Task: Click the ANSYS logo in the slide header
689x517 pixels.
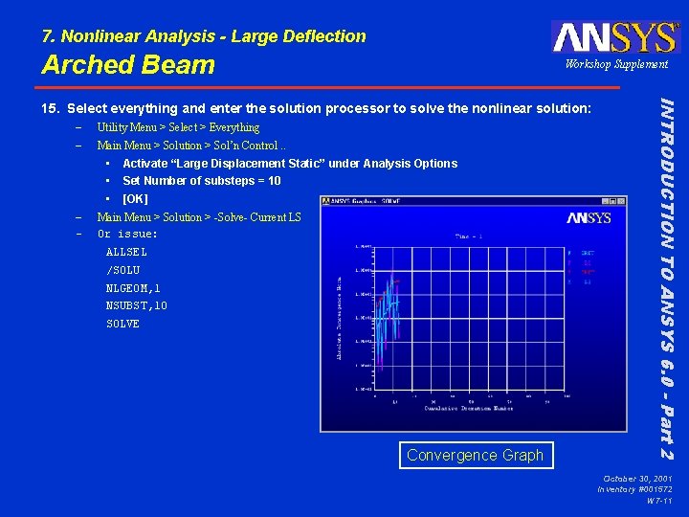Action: (614, 36)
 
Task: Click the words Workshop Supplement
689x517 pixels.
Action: (616, 64)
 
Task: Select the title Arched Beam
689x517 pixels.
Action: (128, 65)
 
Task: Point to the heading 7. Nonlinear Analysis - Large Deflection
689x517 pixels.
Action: (204, 36)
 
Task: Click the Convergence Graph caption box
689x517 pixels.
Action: (475, 456)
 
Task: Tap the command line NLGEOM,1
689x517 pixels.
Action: (133, 288)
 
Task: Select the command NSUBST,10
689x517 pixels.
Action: (136, 306)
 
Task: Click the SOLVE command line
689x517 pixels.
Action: (122, 324)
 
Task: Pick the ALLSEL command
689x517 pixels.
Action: (126, 252)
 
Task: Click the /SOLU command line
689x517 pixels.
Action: (122, 270)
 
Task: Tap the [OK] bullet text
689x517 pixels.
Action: (135, 199)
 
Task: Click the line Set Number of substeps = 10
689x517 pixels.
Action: (201, 181)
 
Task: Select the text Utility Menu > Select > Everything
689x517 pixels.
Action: (178, 127)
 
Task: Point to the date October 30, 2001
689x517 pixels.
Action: (637, 478)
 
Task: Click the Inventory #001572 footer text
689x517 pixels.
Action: (634, 489)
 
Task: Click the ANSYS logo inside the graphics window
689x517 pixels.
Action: (588, 218)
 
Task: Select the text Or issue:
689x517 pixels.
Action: (127, 235)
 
